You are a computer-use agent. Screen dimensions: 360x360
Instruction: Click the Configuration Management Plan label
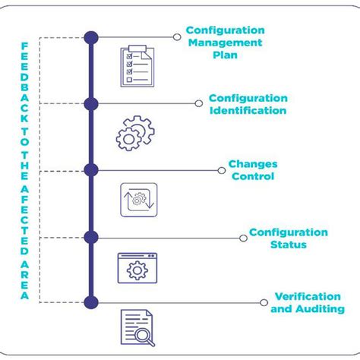pos(226,43)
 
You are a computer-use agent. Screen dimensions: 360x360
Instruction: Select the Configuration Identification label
pos(248,105)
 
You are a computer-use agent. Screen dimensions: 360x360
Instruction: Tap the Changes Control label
pos(253,170)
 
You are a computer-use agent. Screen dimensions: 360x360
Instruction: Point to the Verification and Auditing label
pos(308,302)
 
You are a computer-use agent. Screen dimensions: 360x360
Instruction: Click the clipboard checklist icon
pos(137,66)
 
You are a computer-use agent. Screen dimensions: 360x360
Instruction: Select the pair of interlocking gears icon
pos(135,131)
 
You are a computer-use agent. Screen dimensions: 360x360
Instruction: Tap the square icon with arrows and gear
pos(137,200)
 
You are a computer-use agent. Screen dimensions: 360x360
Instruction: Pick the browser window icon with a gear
pos(137,268)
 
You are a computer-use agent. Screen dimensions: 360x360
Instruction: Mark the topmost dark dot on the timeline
pos(91,37)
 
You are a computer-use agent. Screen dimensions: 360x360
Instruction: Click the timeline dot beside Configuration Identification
pos(91,104)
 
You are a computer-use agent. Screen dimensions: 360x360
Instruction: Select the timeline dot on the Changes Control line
pos(91,170)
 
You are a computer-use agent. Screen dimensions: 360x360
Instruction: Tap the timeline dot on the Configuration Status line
pos(91,237)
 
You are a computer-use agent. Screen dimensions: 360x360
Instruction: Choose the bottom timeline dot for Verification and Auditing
pos(91,302)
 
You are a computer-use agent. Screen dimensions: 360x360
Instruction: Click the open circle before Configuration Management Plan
pos(177,37)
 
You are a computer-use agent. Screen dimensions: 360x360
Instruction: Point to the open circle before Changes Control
pos(219,170)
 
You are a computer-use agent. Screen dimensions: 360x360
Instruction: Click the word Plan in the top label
pos(226,55)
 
